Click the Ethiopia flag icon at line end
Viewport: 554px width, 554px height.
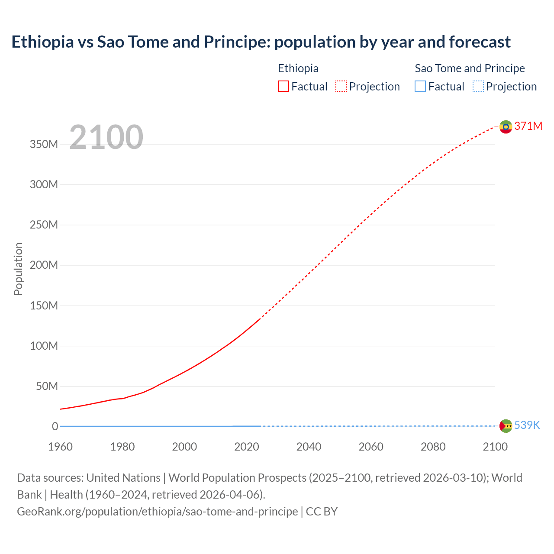[506, 127]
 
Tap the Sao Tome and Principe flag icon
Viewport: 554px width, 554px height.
[506, 426]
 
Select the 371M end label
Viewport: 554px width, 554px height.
[528, 126]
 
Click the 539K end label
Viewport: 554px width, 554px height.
[527, 425]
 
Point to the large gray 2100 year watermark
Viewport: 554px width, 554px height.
[106, 137]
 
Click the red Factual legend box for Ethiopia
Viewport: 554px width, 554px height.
[283, 86]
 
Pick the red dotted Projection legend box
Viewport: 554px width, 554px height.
[341, 86]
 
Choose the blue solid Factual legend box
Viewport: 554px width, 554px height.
[420, 86]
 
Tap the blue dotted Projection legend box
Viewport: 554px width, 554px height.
[478, 86]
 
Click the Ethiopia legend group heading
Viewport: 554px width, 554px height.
[298, 68]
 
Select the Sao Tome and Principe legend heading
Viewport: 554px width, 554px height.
[470, 68]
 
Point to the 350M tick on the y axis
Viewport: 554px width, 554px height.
[44, 144]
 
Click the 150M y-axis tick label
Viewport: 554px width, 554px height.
[44, 306]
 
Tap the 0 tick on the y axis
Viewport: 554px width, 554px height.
[55, 426]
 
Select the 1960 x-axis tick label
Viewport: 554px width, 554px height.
[60, 447]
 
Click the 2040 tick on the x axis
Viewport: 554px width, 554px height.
[309, 447]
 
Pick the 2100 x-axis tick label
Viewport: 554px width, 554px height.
[495, 447]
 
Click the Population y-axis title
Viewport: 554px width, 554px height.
[18, 269]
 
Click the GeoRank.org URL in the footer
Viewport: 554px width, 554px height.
[157, 512]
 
